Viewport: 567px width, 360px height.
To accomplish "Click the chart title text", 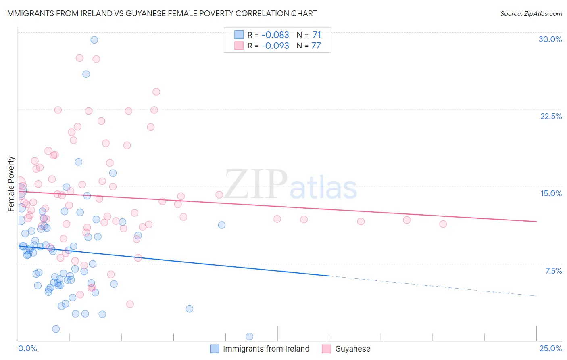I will click(161, 13).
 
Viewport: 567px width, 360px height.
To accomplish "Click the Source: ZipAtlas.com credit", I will click(531, 13).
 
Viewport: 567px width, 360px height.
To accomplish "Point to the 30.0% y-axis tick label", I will click(550, 39).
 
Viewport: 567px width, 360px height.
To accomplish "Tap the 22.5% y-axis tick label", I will click(551, 116).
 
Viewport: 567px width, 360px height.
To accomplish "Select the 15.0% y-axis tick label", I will click(551, 193).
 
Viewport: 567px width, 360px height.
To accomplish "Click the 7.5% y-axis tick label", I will click(553, 271).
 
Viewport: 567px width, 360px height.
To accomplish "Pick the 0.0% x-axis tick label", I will click(27, 348).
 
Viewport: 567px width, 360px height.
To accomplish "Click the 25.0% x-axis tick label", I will click(550, 348).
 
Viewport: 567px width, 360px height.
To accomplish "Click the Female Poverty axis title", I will click(11, 184).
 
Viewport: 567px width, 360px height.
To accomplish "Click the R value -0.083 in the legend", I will click(275, 35).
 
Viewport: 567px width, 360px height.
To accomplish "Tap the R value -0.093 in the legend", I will click(275, 46).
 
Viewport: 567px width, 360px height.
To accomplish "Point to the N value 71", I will click(317, 35).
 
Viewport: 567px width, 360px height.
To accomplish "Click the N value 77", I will click(316, 46).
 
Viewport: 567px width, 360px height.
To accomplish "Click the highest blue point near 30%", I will click(94, 40).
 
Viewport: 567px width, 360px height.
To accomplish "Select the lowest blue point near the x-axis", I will click(249, 336).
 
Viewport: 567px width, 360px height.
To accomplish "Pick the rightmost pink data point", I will click(443, 224).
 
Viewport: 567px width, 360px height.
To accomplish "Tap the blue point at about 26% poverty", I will click(86, 74).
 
